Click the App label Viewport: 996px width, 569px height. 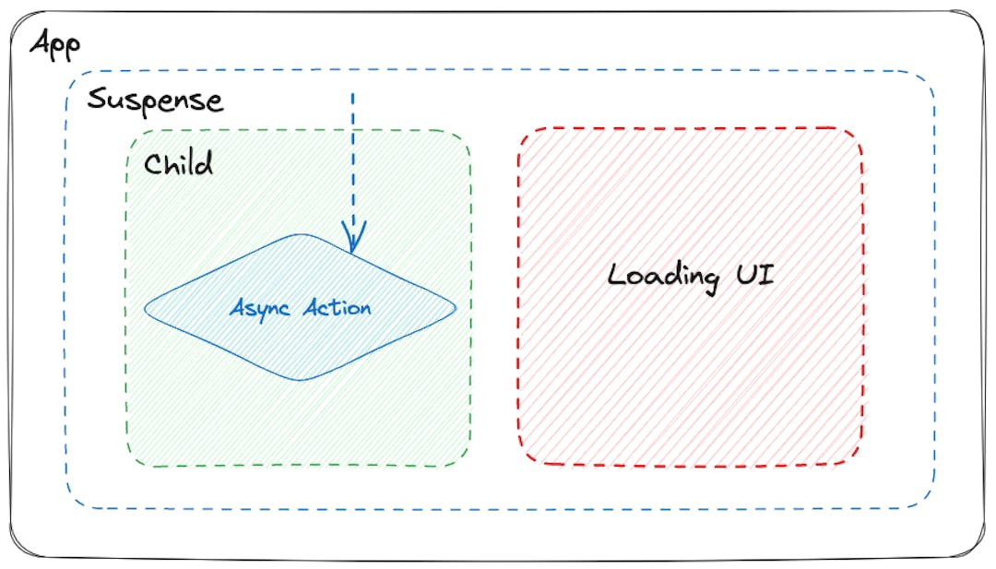click(x=55, y=45)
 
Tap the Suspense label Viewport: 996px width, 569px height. click(x=156, y=101)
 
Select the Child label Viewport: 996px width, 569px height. click(x=179, y=164)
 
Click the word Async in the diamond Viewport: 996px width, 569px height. click(x=259, y=309)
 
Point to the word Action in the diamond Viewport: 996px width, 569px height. click(x=337, y=308)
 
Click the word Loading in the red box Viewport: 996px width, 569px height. click(x=663, y=277)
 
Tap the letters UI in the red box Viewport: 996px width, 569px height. click(x=755, y=274)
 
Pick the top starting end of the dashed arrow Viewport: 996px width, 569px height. click(x=352, y=93)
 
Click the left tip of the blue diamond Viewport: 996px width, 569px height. click(x=145, y=309)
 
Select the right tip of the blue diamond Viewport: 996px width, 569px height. click(x=456, y=309)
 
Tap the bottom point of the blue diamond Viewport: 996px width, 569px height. click(x=300, y=380)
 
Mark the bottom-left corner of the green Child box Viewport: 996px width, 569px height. click(x=131, y=462)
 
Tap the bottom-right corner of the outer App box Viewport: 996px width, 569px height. click(x=978, y=551)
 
